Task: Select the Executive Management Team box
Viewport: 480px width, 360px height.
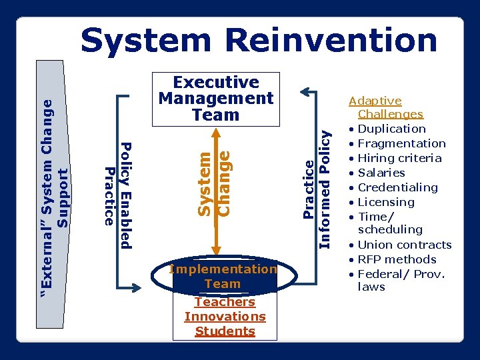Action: tap(216, 99)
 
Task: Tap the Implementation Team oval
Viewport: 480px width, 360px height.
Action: tap(223, 277)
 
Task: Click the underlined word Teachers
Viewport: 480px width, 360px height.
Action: tap(225, 302)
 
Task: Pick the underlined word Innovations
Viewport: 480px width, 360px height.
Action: tap(225, 317)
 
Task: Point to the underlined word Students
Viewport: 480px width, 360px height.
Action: tap(225, 331)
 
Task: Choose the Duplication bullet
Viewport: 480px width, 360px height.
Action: tap(391, 129)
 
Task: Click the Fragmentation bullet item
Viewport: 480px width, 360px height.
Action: tap(401, 143)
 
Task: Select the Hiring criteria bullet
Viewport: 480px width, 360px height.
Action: tap(399, 158)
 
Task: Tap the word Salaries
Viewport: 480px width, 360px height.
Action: tap(381, 173)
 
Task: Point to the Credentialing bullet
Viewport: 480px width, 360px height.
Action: tap(397, 187)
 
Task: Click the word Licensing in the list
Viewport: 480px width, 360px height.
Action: tap(386, 202)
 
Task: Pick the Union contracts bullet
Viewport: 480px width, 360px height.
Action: tap(404, 245)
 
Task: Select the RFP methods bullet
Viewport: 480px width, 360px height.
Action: tap(397, 259)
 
